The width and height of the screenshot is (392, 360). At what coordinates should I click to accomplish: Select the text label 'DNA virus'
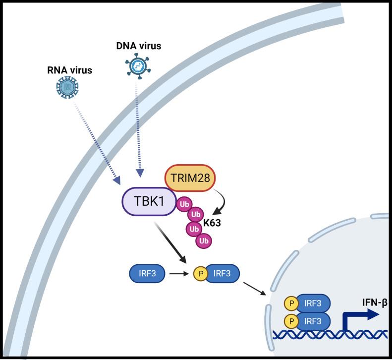click(x=138, y=46)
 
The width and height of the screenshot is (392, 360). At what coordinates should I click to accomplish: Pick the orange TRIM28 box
click(x=190, y=178)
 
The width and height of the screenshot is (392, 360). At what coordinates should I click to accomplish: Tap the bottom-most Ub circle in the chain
click(x=203, y=240)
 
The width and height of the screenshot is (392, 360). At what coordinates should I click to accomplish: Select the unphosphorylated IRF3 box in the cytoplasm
click(x=146, y=273)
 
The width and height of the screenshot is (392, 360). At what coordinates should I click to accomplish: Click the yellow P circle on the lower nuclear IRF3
click(x=292, y=321)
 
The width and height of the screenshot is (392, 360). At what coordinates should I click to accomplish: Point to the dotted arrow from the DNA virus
click(x=139, y=129)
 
